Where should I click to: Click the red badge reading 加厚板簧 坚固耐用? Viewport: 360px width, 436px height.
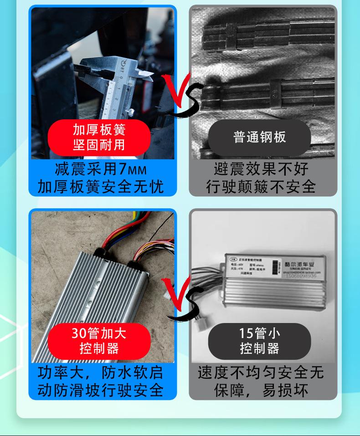pyautogui.click(x=99, y=137)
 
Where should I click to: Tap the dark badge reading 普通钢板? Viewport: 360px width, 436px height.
pyautogui.click(x=259, y=137)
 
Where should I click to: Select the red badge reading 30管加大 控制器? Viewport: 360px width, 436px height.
pyautogui.click(x=99, y=341)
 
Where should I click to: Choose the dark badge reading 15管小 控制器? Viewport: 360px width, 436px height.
pyautogui.click(x=259, y=341)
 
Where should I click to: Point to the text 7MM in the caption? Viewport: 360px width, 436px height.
pyautogui.click(x=133, y=169)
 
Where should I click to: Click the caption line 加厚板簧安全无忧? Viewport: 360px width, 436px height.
pyautogui.click(x=101, y=186)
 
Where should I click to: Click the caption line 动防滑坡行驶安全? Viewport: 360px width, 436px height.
pyautogui.click(x=101, y=390)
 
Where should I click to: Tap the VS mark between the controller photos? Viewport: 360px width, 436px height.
pyautogui.click(x=182, y=298)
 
